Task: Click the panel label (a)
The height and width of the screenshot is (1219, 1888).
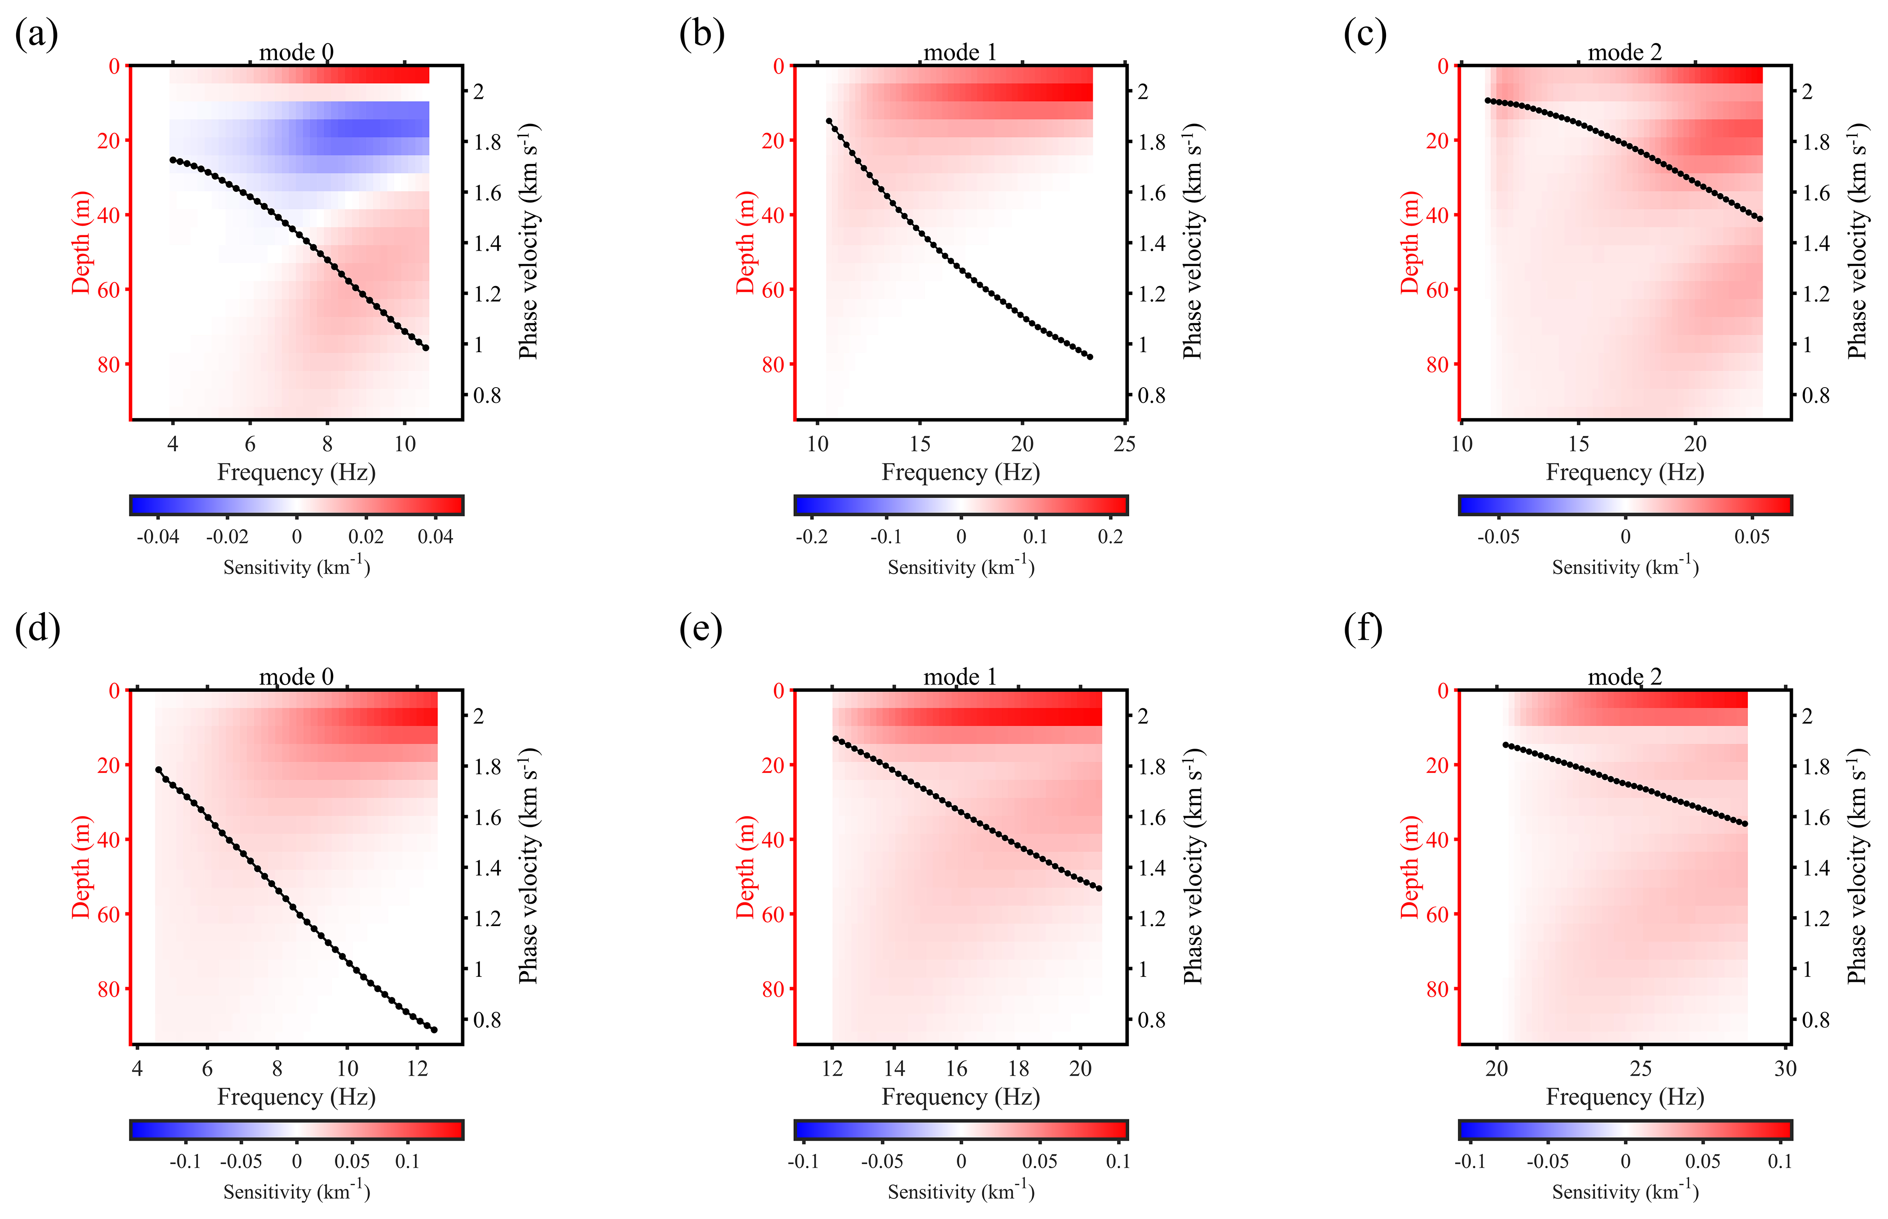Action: [36, 35]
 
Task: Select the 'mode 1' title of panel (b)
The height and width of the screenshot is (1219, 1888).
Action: [960, 52]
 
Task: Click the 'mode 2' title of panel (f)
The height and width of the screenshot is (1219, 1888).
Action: [1624, 677]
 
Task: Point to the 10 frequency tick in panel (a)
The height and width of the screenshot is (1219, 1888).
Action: [405, 444]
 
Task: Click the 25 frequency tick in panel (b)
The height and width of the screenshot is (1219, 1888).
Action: [1124, 444]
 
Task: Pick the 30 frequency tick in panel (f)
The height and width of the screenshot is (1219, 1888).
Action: [1785, 1069]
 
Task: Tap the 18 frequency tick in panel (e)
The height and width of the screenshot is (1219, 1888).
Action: [1018, 1069]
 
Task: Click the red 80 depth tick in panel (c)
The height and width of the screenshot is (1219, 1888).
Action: [1437, 365]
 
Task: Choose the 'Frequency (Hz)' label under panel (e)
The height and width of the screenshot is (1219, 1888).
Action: [961, 1097]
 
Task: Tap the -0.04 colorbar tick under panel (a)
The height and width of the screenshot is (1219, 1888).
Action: [158, 537]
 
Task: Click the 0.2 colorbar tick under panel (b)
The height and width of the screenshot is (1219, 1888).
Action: [1110, 537]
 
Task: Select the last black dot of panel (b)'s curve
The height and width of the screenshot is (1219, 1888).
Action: [1091, 357]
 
